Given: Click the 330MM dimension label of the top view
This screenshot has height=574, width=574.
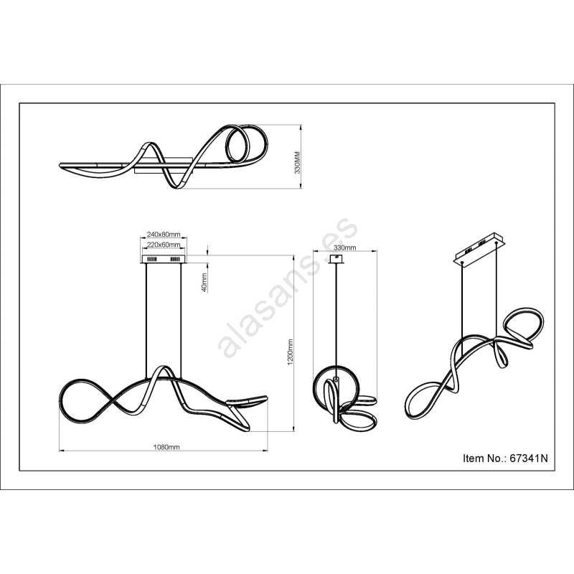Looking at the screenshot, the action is click(297, 162).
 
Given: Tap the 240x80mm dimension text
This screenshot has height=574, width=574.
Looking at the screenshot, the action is click(164, 234).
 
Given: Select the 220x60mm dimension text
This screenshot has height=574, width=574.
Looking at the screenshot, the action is click(164, 244).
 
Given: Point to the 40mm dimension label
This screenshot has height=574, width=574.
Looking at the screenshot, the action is click(204, 282).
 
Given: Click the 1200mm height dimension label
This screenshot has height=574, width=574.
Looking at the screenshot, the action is click(291, 352).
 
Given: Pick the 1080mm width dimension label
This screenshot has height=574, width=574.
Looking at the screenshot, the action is click(166, 447).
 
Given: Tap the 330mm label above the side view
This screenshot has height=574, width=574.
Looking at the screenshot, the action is click(345, 248).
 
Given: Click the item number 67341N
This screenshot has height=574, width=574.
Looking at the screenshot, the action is click(529, 458).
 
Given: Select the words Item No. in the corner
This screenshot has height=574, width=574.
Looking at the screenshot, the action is click(485, 458).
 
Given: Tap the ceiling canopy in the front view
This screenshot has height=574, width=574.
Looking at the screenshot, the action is click(164, 259).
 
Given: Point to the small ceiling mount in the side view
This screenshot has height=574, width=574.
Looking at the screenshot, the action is click(336, 259).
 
